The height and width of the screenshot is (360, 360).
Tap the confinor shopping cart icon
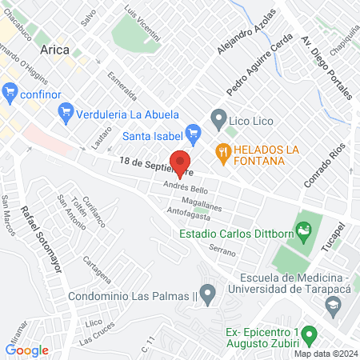[x=10, y=92]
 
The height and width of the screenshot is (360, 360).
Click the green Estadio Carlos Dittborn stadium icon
[x=303, y=234]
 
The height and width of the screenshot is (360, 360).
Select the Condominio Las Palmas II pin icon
[x=208, y=294]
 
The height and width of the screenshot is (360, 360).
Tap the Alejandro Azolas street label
[x=240, y=37]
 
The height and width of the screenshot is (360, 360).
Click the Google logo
[x=26, y=350]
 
